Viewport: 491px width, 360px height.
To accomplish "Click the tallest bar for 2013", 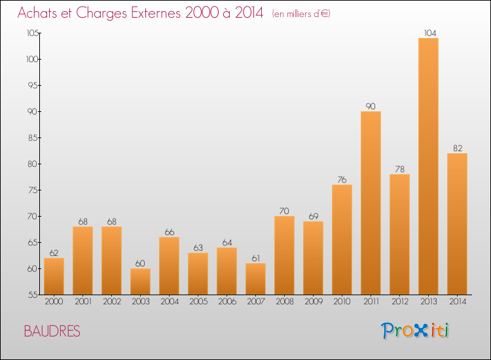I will click(428, 166).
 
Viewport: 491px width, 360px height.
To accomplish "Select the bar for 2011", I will click(371, 203).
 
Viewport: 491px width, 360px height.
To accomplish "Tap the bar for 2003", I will click(140, 281).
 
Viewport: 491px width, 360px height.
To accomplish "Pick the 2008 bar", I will click(284, 255).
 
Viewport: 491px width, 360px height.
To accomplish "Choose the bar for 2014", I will click(457, 224).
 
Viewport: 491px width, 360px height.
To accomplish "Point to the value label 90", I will click(371, 106).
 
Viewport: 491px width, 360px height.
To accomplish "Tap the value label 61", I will click(255, 258).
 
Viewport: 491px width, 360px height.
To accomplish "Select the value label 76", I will click(342, 179).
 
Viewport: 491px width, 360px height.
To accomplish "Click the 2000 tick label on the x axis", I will click(54, 302).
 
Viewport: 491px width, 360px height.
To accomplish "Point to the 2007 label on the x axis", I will click(255, 302).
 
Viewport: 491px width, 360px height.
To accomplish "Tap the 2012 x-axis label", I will click(399, 302).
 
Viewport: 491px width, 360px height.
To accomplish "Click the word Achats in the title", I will click(38, 13).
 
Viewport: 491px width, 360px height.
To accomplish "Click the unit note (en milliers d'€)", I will click(301, 14).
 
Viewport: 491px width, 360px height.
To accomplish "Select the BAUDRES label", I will click(52, 331).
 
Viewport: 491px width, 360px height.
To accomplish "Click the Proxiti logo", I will click(416, 331).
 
